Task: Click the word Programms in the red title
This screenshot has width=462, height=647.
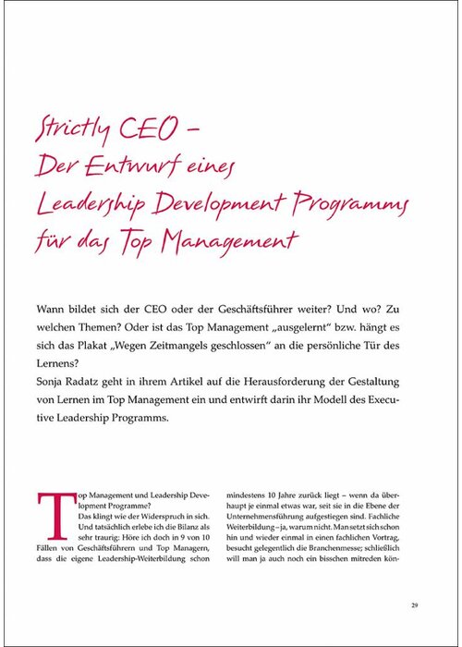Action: (359, 202)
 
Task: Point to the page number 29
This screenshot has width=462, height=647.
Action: (416, 605)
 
